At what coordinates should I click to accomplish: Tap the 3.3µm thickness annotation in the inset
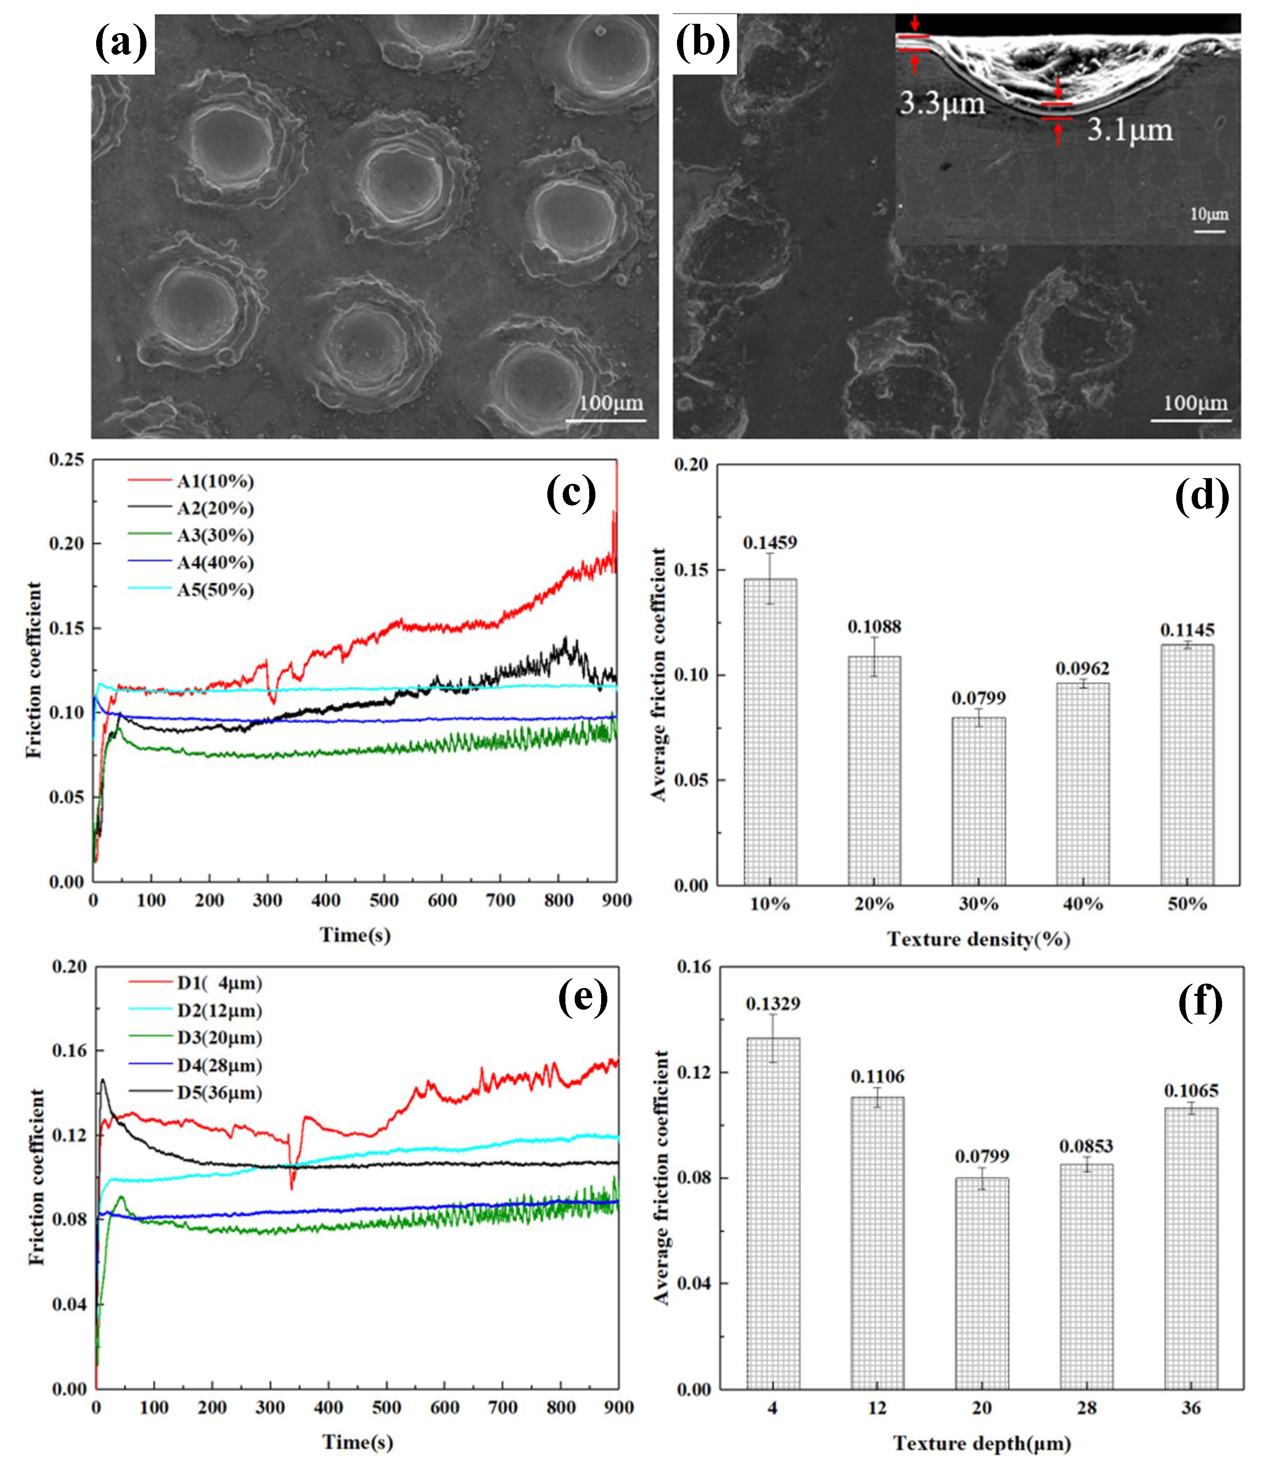[942, 105]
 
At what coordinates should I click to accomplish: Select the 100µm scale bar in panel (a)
[606, 420]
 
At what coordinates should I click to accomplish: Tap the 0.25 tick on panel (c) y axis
[67, 460]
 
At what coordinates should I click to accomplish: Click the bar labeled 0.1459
[770, 731]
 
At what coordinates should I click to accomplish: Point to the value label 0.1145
[1187, 630]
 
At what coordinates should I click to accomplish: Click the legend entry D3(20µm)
[219, 1038]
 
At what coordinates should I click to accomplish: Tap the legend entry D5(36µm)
[219, 1093]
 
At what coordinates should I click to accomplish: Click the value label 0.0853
[1086, 1146]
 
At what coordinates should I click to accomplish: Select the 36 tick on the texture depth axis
[1190, 1408]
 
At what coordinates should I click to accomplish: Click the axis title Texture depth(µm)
[982, 1443]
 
